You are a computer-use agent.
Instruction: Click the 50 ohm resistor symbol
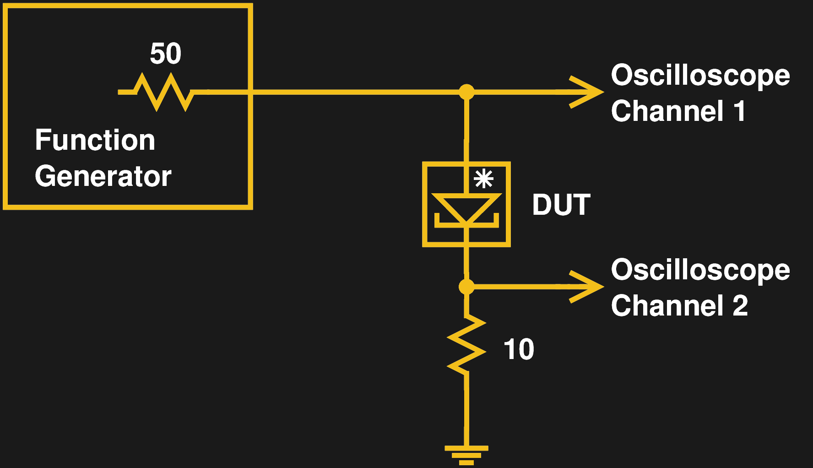(x=163, y=92)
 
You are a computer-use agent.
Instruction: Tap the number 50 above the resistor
(x=166, y=54)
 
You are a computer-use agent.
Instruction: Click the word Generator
(x=103, y=176)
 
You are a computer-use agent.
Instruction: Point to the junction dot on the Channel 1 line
(x=466, y=92)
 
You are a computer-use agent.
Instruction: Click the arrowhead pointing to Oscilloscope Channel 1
(x=588, y=92)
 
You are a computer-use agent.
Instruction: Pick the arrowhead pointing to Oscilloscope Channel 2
(x=588, y=287)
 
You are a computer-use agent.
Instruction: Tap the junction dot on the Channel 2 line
(x=466, y=287)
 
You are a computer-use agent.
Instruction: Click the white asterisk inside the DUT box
(x=484, y=179)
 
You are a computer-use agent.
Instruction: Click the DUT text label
(x=561, y=205)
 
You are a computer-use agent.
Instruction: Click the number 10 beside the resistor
(x=519, y=349)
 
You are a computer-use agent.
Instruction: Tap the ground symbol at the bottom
(x=466, y=454)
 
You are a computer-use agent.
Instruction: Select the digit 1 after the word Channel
(x=739, y=111)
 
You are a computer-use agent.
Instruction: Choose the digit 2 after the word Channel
(x=740, y=306)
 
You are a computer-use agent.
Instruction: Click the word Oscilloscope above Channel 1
(x=700, y=76)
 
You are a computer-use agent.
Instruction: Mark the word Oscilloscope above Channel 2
(x=700, y=270)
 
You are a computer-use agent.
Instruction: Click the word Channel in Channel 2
(x=667, y=306)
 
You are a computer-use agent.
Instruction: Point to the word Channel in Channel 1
(x=667, y=111)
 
